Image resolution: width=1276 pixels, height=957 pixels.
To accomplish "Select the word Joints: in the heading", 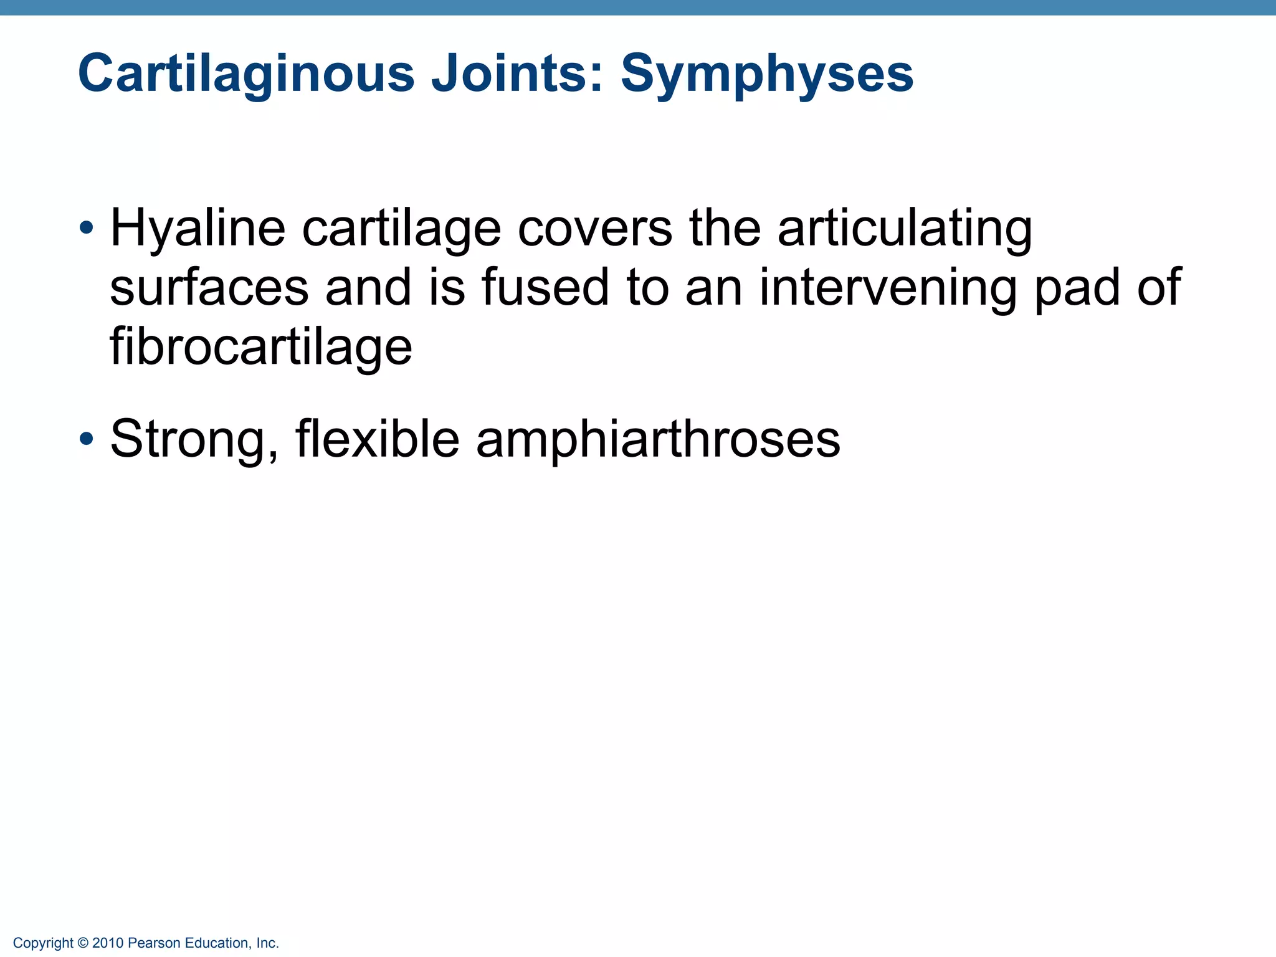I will pos(518,74).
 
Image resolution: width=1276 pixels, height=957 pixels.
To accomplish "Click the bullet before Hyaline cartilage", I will pos(87,227).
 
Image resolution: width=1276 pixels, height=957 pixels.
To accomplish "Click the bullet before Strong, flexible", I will pos(87,439).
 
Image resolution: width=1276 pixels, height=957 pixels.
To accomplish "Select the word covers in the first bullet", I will pos(595,228).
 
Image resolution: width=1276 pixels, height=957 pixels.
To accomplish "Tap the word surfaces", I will pos(209,287).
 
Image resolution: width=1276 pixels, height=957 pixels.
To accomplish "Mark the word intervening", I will pos(887,287).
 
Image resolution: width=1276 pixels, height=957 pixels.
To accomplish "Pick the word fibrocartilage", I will pos(261,346).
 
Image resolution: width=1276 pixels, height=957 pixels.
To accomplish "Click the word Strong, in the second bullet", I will pos(194,440).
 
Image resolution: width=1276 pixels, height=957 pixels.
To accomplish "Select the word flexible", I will pos(378,439).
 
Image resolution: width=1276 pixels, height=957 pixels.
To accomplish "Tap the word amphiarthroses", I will pos(658,440).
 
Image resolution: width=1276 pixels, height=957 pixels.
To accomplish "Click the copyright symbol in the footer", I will pos(83,943).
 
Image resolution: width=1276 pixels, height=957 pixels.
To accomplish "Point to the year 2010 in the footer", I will pos(108,943).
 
